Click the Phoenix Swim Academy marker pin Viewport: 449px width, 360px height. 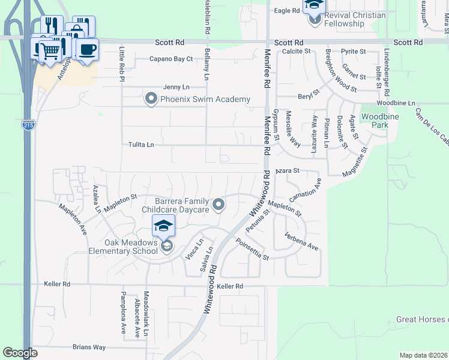coord(151,99)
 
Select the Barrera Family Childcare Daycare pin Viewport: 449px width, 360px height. coord(219,205)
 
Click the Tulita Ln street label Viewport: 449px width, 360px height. coord(141,145)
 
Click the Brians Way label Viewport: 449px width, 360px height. coord(89,347)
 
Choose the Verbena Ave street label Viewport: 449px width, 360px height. coord(301,242)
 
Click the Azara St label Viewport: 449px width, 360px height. coord(287,171)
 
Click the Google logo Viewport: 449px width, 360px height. coord(20,353)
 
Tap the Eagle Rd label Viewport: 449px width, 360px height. coord(286,11)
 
